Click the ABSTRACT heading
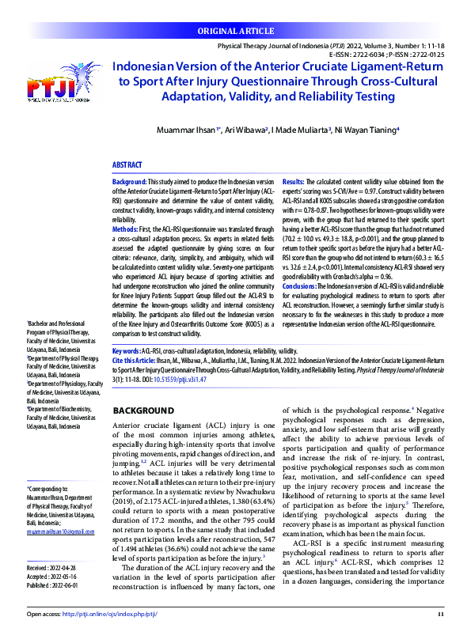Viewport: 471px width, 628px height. (129, 165)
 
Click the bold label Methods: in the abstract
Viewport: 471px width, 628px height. (127, 228)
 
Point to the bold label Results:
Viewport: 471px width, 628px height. (294, 182)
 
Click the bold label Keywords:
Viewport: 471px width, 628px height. (127, 350)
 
